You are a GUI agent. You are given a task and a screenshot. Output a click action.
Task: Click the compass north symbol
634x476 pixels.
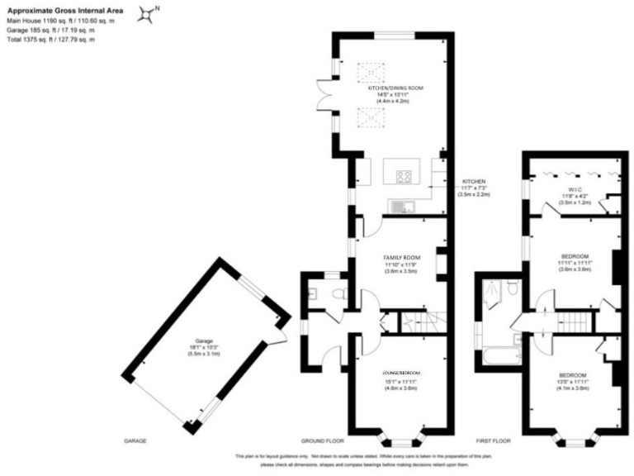(149, 13)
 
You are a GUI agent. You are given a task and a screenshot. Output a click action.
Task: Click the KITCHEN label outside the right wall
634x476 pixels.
(474, 181)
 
